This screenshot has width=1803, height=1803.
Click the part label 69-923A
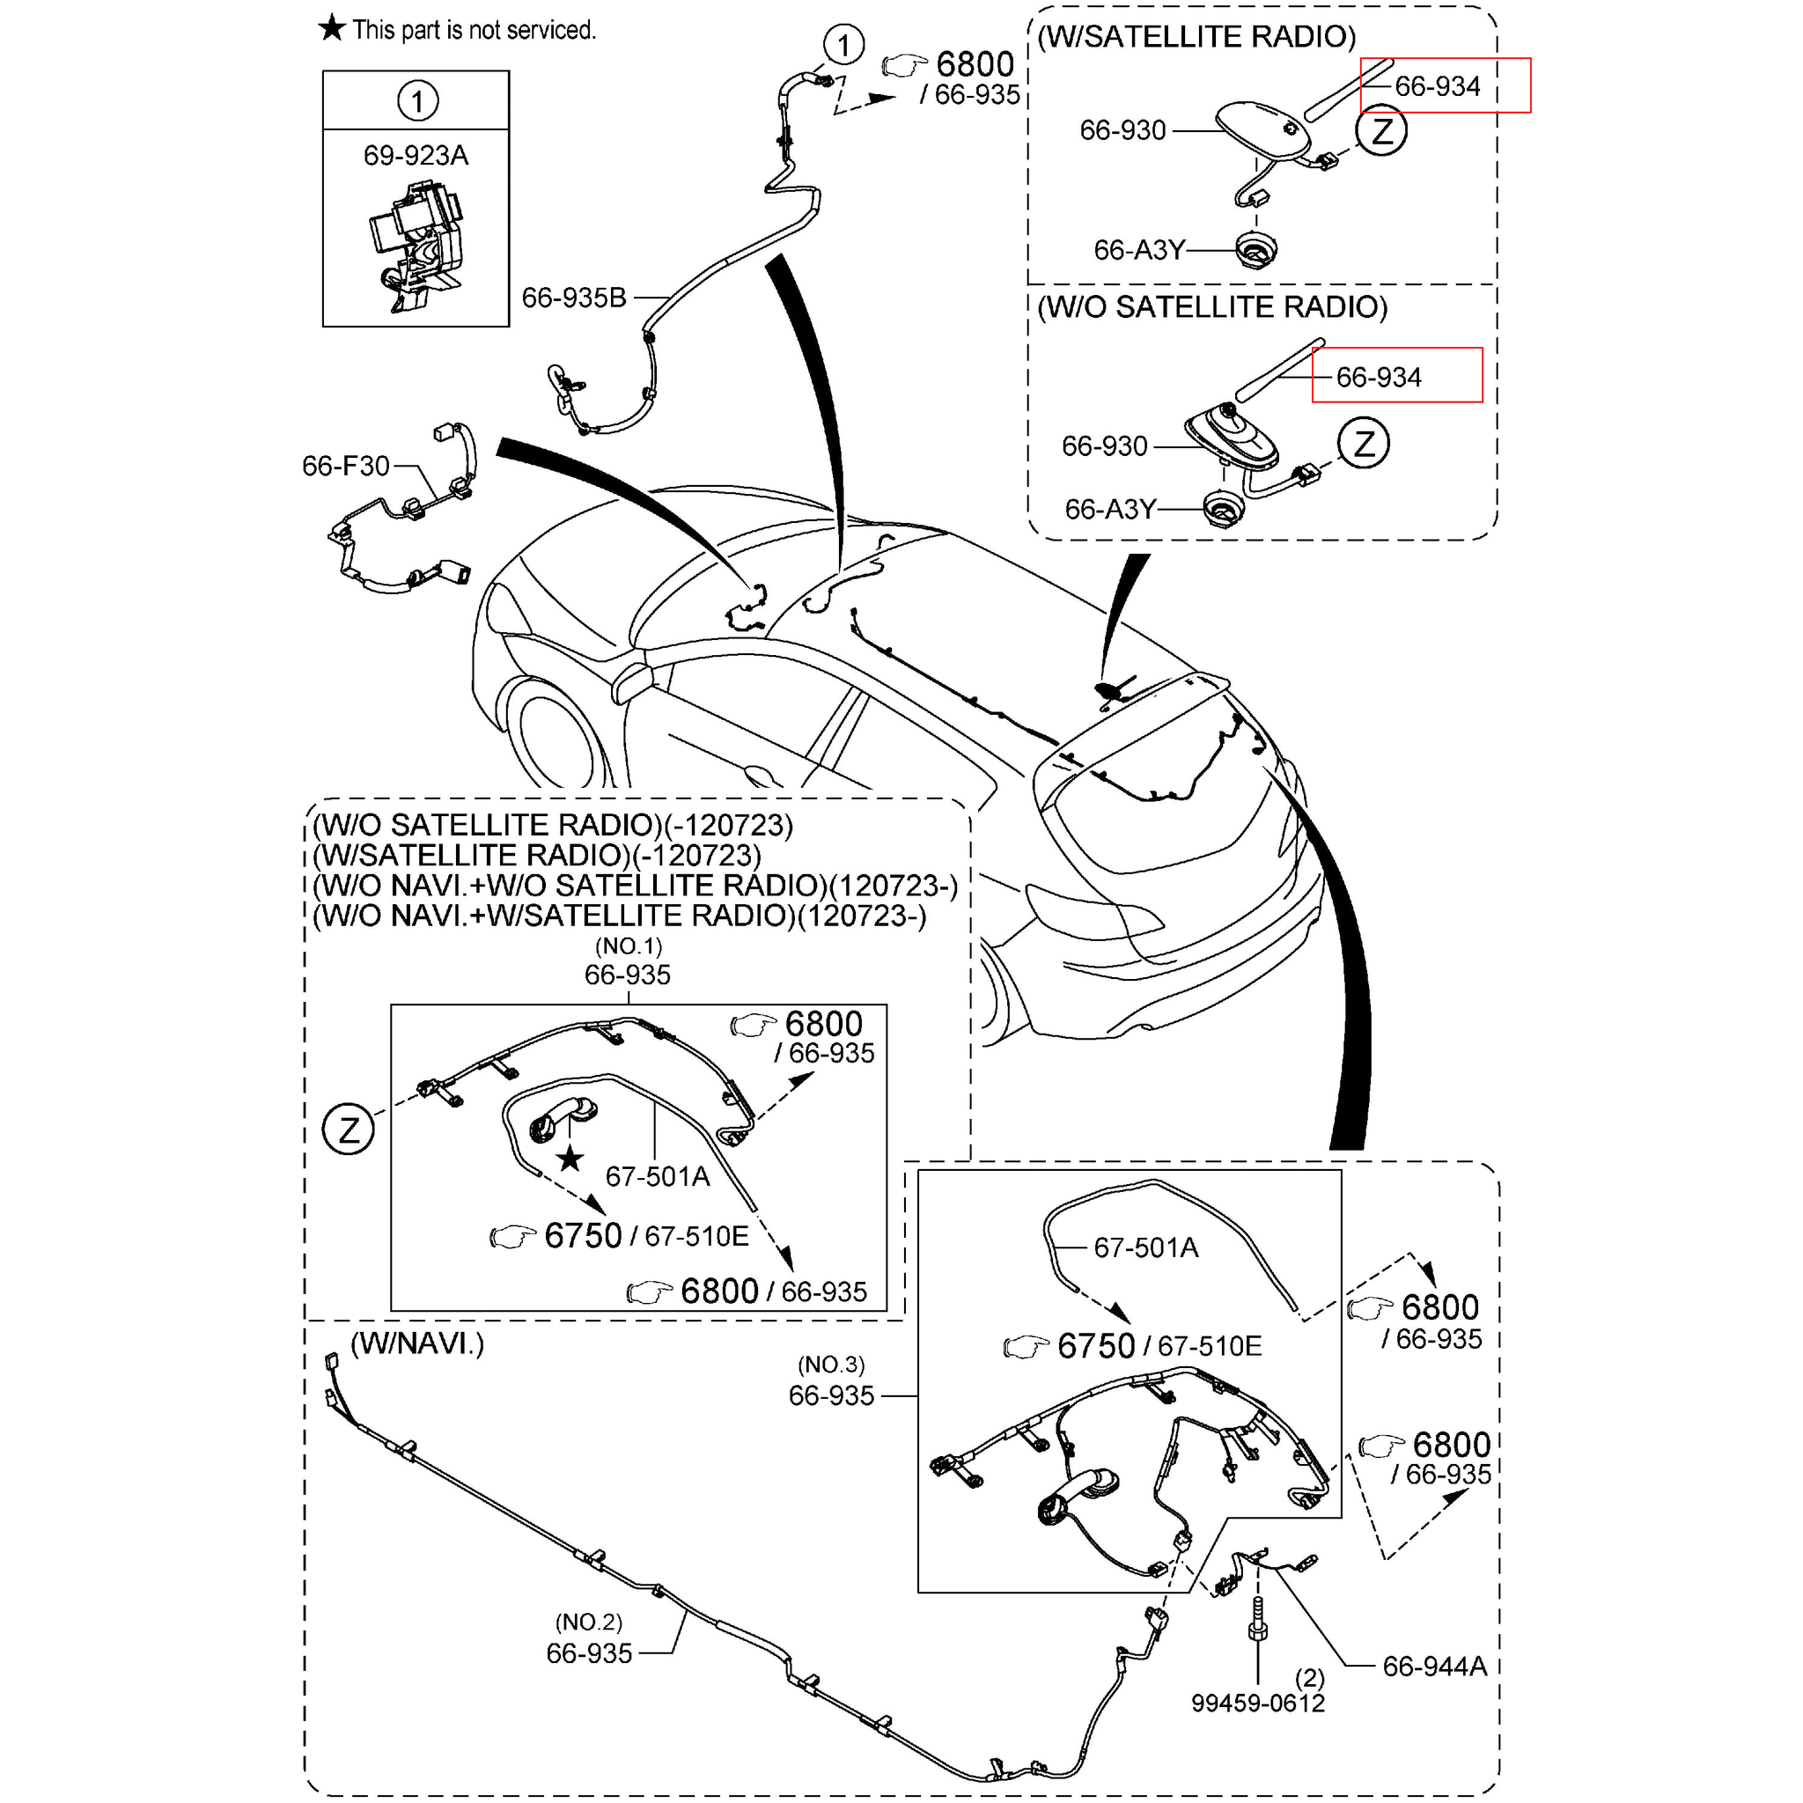point(416,155)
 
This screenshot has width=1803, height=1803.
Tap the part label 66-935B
point(573,298)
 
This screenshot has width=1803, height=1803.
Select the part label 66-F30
point(344,466)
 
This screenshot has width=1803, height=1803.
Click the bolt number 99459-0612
point(1257,1703)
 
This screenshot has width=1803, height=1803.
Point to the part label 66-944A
point(1433,1666)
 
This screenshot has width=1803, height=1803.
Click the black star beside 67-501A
point(570,1160)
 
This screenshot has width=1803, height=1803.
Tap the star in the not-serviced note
point(331,29)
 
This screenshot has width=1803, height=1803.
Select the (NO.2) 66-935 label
point(589,1652)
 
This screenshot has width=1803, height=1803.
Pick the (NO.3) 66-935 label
point(830,1395)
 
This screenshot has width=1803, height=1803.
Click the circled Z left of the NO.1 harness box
point(348,1130)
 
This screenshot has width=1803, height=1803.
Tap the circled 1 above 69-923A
point(417,100)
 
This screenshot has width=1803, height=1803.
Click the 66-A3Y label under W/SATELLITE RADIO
point(1138,250)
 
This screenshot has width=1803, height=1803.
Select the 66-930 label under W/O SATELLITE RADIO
point(1104,446)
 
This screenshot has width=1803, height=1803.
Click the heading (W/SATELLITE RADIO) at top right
point(1196,36)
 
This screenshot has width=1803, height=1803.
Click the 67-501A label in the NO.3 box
point(1145,1247)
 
